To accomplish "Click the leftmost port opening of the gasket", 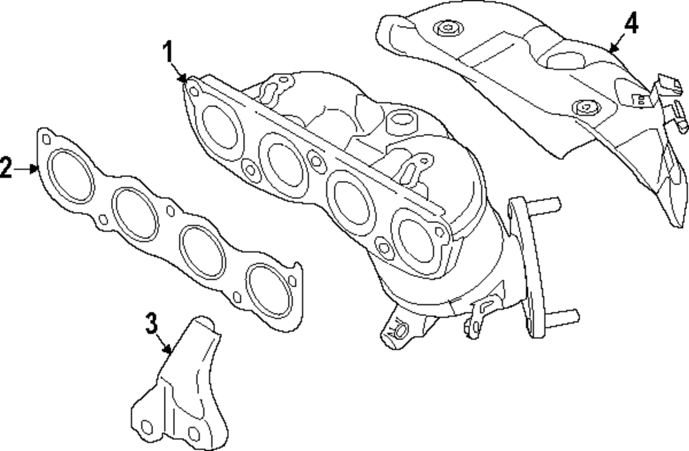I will (x=72, y=178).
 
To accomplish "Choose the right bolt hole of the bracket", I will (x=194, y=434).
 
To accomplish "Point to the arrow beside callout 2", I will (x=28, y=167).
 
